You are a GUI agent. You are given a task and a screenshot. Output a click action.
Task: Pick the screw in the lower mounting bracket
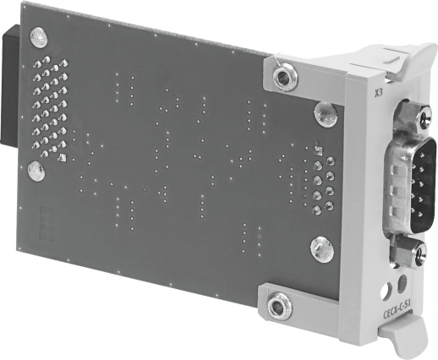278,305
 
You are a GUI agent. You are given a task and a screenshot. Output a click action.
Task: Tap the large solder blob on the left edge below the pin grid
34,172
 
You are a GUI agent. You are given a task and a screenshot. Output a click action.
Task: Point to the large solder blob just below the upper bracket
324,112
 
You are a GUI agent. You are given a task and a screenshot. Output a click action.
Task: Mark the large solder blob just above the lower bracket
320,248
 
